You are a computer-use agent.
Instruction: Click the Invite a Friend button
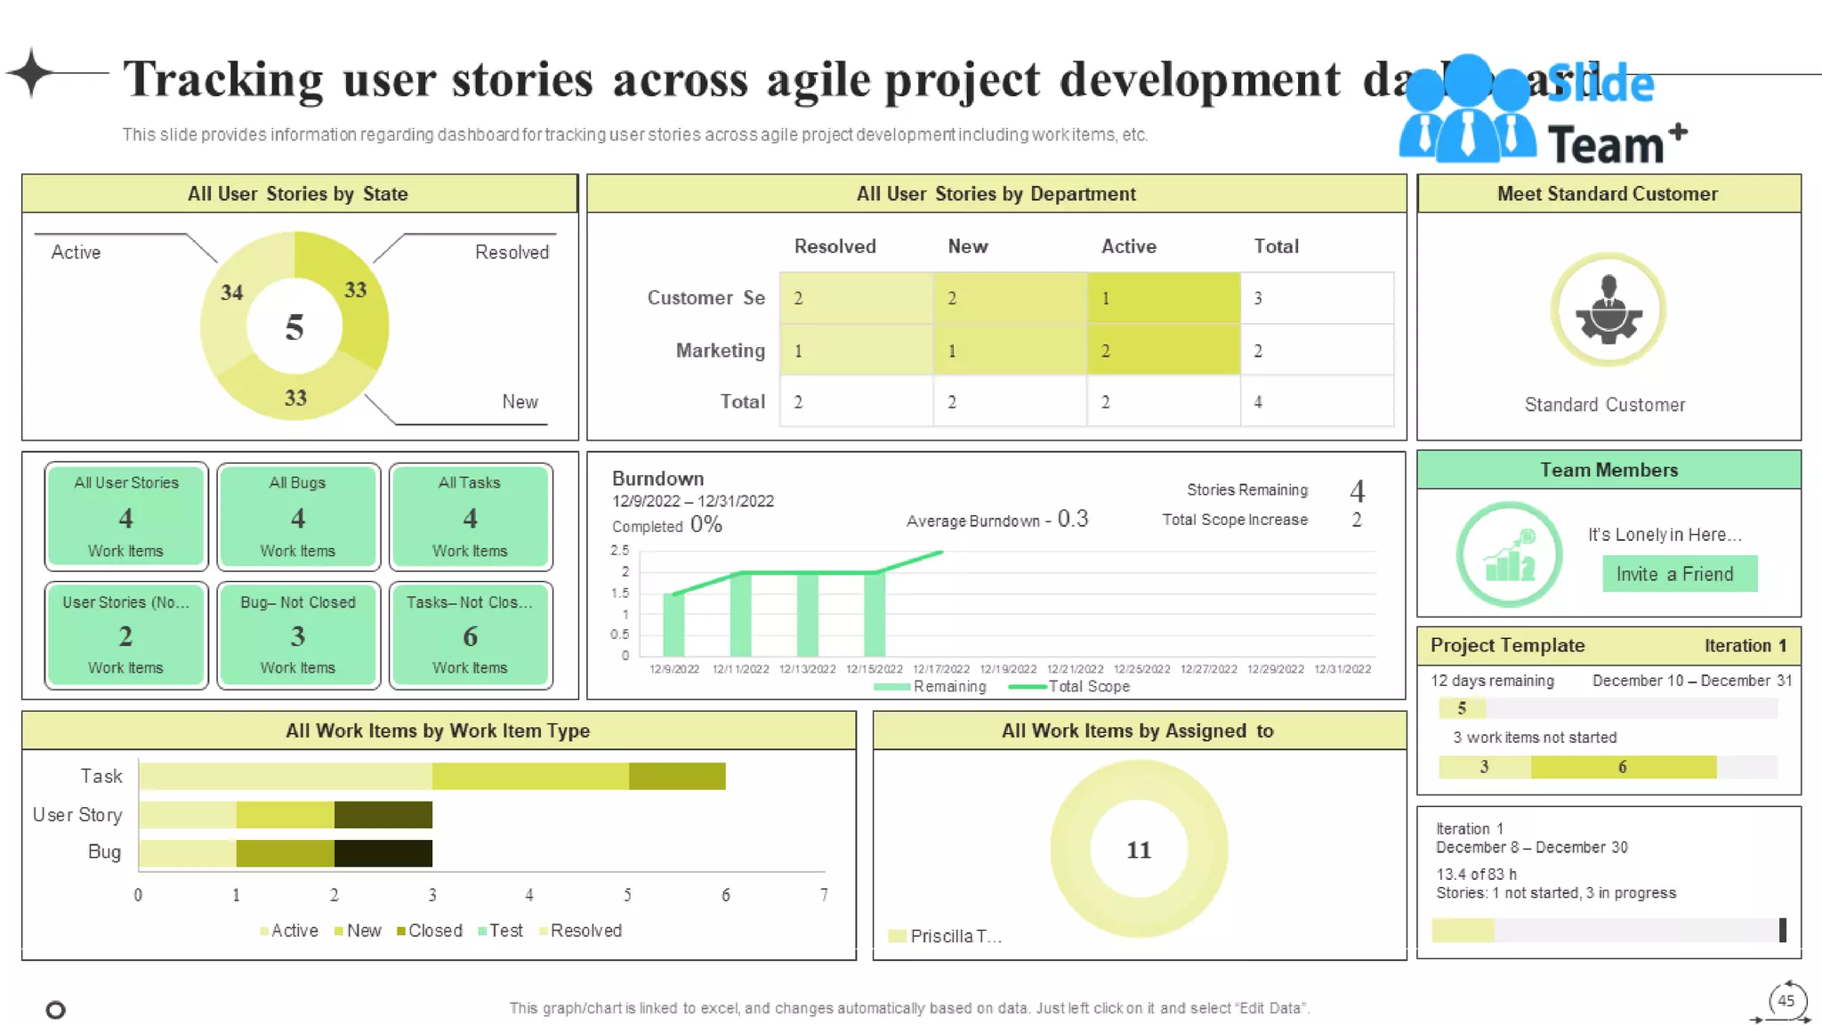click(x=1679, y=574)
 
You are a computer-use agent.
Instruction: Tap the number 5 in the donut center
click(x=294, y=328)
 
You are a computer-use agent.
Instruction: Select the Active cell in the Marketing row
click(x=1163, y=351)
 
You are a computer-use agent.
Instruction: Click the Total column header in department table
click(x=1276, y=246)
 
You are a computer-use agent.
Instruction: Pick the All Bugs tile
click(x=298, y=516)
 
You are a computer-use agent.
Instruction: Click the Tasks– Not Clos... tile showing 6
click(x=470, y=634)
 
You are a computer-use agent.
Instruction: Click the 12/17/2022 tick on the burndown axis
click(x=940, y=669)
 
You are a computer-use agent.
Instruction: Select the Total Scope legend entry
click(x=1069, y=687)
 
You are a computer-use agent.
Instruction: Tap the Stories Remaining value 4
click(x=1356, y=490)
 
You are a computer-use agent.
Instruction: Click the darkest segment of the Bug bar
click(x=383, y=852)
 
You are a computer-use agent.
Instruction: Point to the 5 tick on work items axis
click(x=627, y=895)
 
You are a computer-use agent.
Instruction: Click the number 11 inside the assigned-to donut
click(x=1139, y=850)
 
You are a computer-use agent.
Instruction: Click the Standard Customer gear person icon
click(x=1608, y=310)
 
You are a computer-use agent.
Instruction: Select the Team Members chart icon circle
click(x=1509, y=555)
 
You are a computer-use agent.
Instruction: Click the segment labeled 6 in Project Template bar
click(x=1623, y=767)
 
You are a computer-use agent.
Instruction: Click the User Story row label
click(x=77, y=815)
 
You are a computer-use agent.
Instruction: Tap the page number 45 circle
click(x=1786, y=1000)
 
